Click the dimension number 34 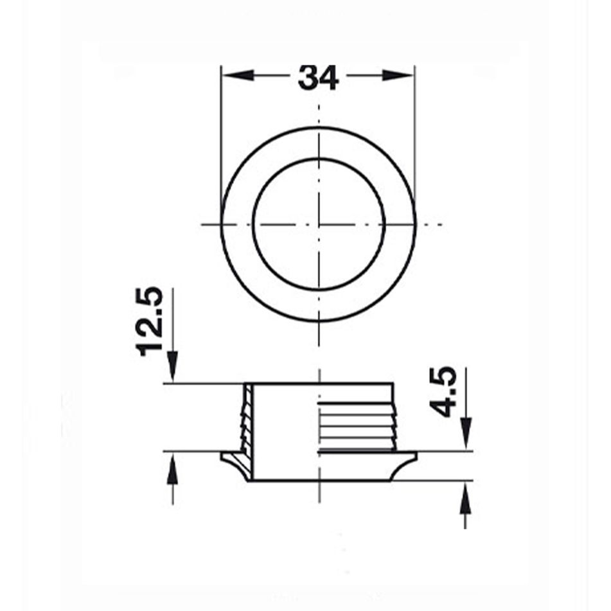pos(318,78)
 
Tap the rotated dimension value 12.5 pos(152,321)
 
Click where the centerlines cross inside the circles pos(319,224)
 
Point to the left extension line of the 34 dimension pos(221,128)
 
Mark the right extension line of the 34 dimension pos(414,128)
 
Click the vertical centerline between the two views pos(319,347)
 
